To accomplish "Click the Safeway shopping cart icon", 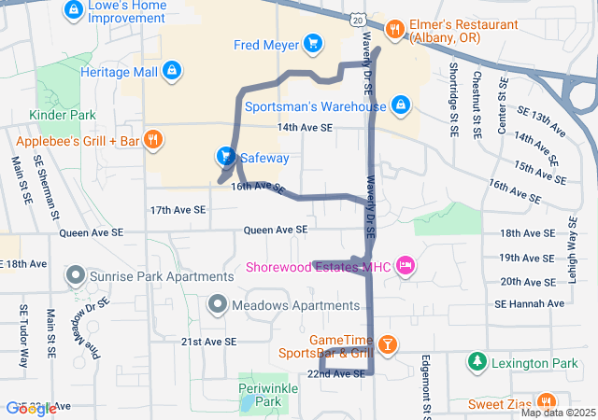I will click(x=225, y=156).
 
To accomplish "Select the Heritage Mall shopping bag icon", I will click(x=171, y=71).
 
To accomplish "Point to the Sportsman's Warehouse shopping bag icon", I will click(x=401, y=105).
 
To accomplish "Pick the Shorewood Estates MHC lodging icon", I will click(x=405, y=267).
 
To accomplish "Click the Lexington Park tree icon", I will click(x=477, y=360).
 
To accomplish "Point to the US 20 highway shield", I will click(x=360, y=19).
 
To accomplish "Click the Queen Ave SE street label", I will click(x=276, y=230).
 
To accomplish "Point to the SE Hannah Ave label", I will click(x=529, y=303).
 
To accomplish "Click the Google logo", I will click(x=31, y=408).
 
